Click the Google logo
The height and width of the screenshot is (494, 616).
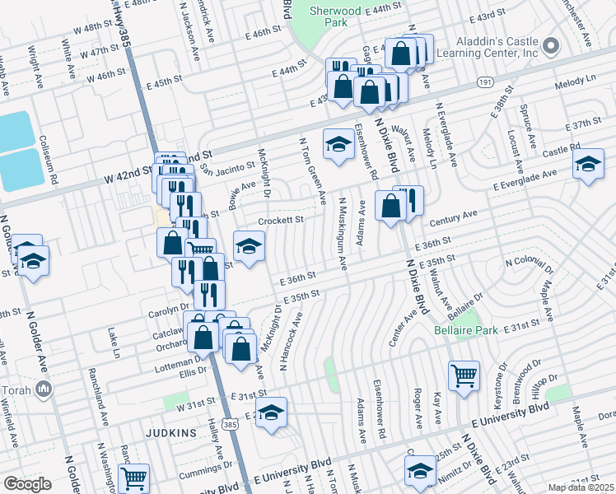(26, 484)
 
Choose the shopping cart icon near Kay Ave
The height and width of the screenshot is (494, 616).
(464, 375)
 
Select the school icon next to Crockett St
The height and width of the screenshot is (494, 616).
(249, 245)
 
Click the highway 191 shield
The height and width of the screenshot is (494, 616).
(485, 83)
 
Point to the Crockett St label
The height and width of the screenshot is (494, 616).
(282, 220)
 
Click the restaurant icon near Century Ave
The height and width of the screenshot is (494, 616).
(410, 200)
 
